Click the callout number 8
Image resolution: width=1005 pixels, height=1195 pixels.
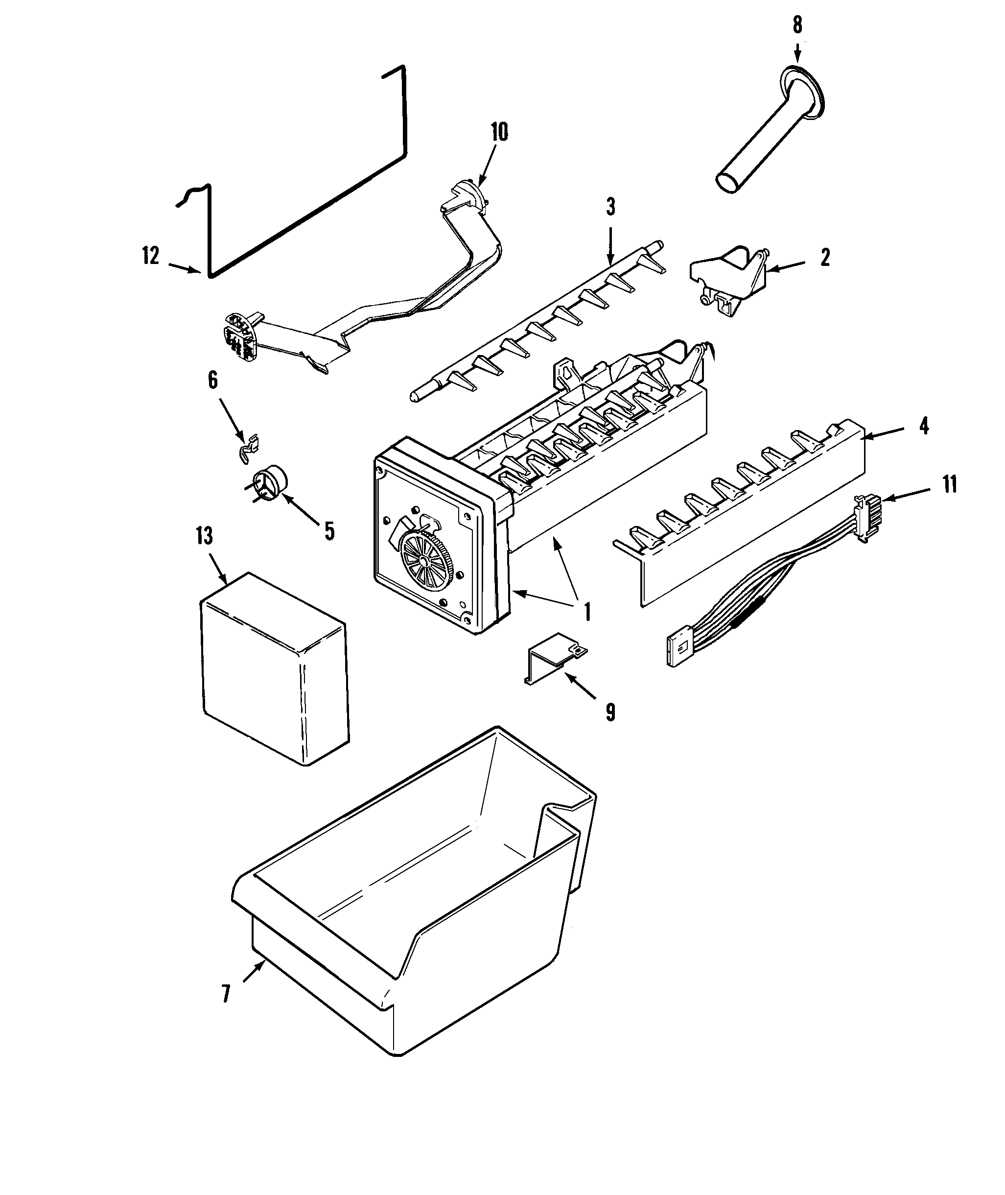click(797, 25)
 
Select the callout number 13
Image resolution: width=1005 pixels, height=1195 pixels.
click(204, 536)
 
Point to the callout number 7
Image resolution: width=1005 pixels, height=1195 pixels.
click(226, 994)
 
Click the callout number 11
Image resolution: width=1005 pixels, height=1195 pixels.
click(949, 484)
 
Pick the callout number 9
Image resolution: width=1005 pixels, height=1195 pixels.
click(610, 712)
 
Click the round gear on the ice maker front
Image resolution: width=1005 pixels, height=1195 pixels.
click(424, 561)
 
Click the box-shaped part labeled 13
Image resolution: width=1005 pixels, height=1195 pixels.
click(274, 667)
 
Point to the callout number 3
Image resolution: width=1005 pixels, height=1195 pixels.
click(610, 206)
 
